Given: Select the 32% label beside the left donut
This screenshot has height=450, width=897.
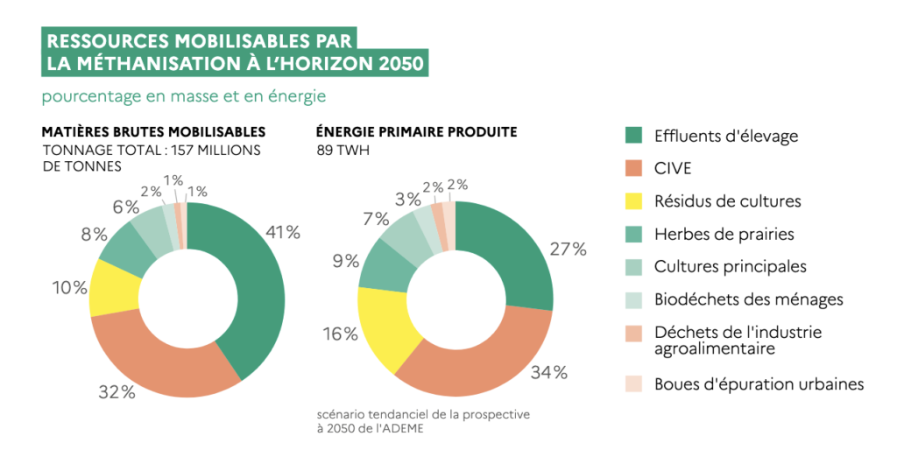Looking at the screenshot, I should click(117, 392).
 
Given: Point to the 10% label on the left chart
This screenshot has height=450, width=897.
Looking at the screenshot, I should click(69, 287).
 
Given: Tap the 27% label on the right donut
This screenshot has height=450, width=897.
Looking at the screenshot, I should click(568, 250).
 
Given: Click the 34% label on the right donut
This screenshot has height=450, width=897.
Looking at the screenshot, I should click(549, 372).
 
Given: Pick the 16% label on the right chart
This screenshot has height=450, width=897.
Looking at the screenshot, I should click(339, 334).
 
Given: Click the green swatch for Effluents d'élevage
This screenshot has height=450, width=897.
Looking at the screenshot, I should click(634, 136).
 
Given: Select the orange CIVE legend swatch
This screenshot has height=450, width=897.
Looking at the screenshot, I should click(634, 169).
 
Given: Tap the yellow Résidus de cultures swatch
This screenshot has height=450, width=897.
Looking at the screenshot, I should click(634, 201).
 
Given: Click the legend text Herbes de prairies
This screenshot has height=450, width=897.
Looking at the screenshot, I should click(724, 235).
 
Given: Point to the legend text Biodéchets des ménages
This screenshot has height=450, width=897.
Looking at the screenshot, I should click(748, 299).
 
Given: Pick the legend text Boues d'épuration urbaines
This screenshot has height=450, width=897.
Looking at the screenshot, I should click(759, 384).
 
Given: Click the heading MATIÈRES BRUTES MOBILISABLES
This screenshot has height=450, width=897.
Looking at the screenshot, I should click(153, 132).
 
